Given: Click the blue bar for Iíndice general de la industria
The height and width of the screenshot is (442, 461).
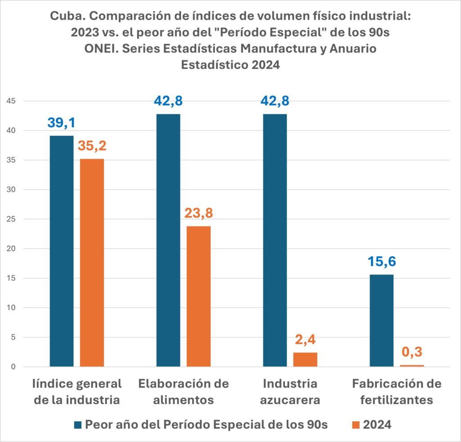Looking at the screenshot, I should pos(62,251).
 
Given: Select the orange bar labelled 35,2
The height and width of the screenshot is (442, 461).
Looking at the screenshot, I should pos(92,263).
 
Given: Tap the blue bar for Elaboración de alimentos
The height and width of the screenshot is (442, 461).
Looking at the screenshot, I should pos(168,240).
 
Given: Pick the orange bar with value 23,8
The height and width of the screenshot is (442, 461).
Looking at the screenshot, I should pos(199,296).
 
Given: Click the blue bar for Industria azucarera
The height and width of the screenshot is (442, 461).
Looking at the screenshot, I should pos(275,240).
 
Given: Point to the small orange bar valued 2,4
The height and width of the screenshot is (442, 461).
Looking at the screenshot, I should pos(305,360).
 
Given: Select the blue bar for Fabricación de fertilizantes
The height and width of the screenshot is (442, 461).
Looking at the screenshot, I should pos(381,320).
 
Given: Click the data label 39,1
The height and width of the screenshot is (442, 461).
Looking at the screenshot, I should pos(62,123).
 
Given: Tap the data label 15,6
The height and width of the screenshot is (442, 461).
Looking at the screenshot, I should pos(381,262).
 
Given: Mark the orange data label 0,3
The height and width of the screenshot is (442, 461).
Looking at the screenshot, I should pos(412,352).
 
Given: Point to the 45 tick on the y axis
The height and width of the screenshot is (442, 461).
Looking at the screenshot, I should pos(10,101).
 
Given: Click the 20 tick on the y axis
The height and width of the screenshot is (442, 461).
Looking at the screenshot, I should pos(10,249).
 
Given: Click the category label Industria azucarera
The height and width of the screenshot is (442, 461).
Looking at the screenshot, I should pos(290,392).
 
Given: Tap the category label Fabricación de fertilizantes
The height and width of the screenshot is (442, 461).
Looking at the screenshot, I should pos(397,392).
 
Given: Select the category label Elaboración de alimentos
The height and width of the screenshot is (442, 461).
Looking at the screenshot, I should pos(184,392).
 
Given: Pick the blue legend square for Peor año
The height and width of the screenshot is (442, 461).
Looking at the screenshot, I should pos(77,424).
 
